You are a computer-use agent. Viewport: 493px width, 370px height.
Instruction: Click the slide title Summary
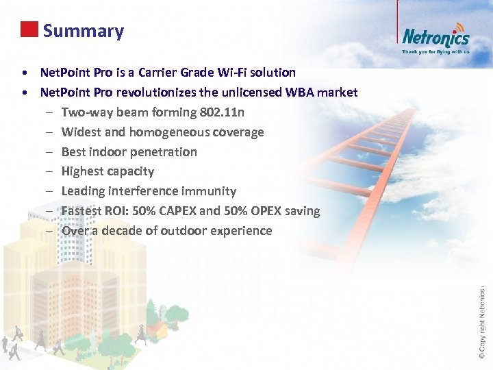83,31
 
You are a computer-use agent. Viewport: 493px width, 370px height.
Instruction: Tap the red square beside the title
29,29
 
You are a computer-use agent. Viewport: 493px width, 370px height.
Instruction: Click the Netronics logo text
435,37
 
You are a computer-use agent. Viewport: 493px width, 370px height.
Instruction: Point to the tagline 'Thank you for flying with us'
435,51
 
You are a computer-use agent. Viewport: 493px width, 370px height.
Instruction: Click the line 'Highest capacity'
108,171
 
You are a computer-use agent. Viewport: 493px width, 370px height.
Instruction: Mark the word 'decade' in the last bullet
126,231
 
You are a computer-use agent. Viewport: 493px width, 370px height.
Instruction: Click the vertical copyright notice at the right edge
482,312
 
